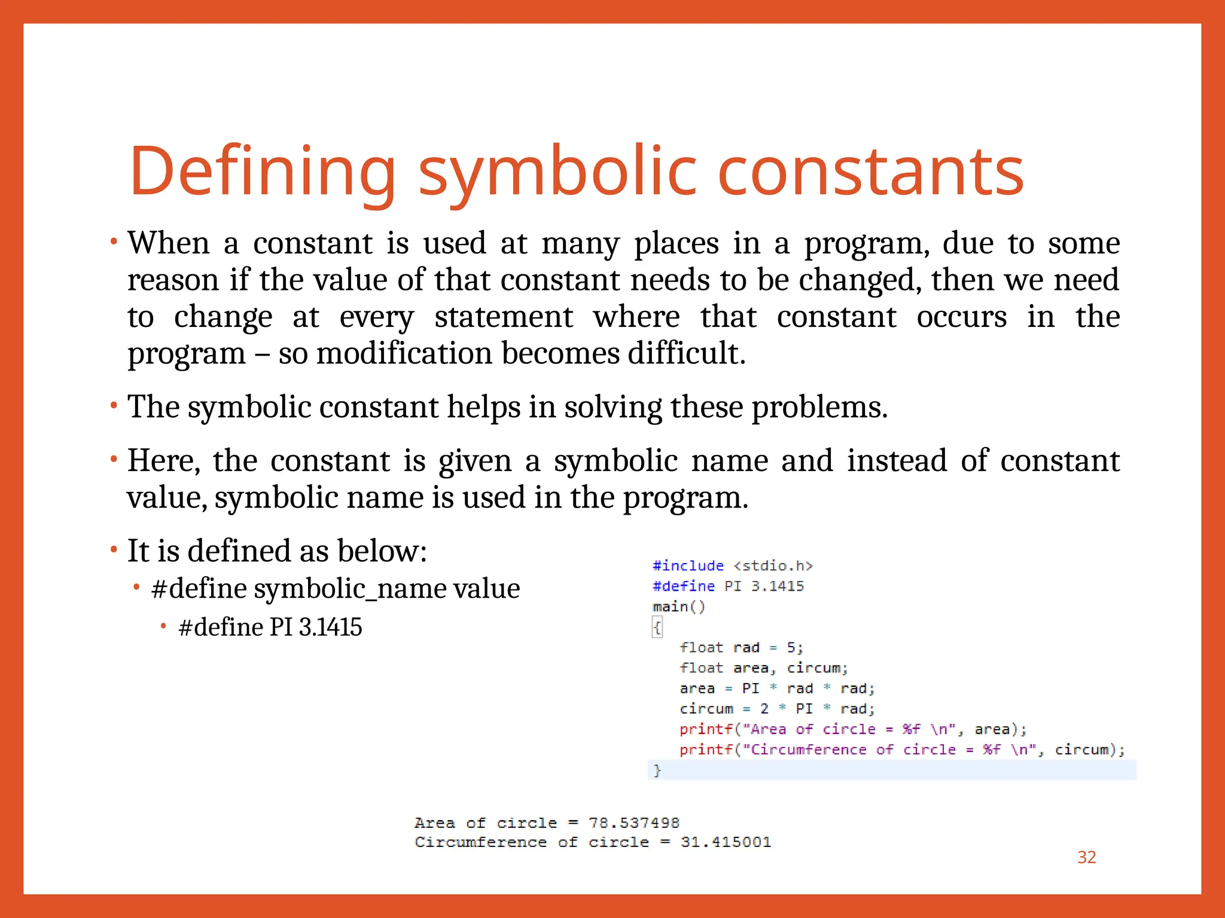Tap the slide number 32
tap(1086, 857)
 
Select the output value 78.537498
tap(634, 823)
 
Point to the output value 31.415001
tap(726, 842)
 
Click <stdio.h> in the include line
tap(773, 565)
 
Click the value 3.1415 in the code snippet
tap(778, 586)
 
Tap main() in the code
tap(679, 607)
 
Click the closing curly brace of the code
tap(657, 770)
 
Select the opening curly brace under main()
tap(657, 628)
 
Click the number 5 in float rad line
tap(791, 647)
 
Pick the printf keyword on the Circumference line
tap(706, 749)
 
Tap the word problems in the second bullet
tap(819, 408)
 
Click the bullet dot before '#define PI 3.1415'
tap(163, 626)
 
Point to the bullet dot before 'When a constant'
tap(114, 243)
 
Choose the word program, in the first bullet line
tap(866, 244)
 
